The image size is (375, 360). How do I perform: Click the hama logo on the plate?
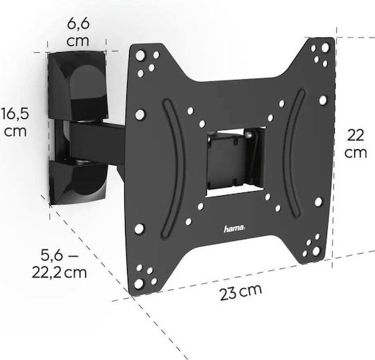[235, 229]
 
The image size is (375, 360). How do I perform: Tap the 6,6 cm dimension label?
[78, 32]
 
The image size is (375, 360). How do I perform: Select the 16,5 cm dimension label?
[15, 122]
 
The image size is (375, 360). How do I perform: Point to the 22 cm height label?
[356, 143]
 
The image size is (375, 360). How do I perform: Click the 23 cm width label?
[241, 292]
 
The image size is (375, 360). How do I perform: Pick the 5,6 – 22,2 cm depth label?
[59, 263]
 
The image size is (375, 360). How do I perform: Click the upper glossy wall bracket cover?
[78, 85]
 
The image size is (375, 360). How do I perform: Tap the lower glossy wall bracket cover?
[78, 181]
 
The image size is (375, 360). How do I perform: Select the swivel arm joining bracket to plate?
[97, 141]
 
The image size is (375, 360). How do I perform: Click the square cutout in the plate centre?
[235, 162]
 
